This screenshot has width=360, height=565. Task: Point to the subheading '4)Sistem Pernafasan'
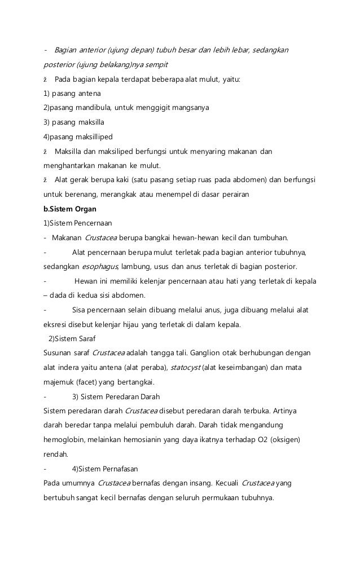coord(105,468)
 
